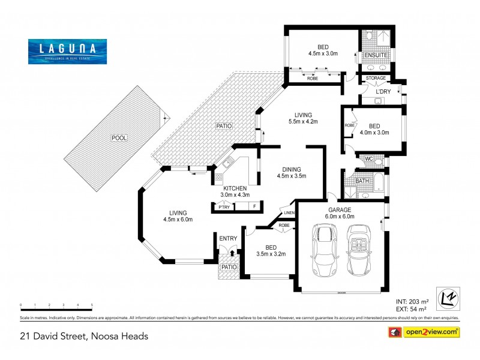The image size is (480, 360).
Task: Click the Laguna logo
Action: click(x=67, y=51)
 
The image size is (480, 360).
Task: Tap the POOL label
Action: click(x=120, y=138)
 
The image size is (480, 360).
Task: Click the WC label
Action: click(x=370, y=159)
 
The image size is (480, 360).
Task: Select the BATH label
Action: click(x=362, y=181)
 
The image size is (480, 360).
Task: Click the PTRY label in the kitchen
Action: click(x=224, y=207)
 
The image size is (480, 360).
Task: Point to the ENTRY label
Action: click(x=227, y=238)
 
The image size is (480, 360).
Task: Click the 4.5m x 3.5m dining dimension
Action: click(x=292, y=176)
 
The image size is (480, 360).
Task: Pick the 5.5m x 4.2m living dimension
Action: click(x=302, y=121)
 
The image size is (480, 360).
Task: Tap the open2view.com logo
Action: click(x=432, y=331)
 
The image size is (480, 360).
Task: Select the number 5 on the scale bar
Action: click(x=92, y=305)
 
